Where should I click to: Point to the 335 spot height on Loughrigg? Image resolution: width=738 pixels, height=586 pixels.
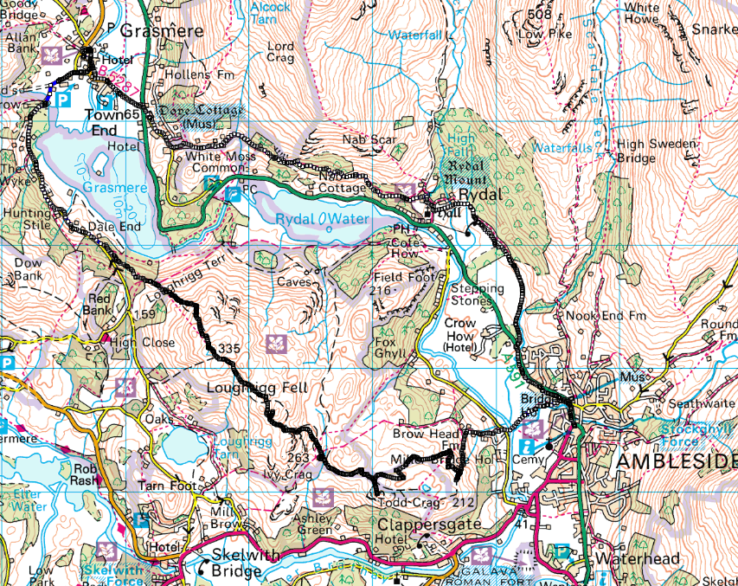pyautogui.click(x=229, y=348)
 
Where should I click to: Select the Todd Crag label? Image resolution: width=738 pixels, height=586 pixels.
pyautogui.click(x=407, y=501)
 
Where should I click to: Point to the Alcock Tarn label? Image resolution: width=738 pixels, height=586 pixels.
pyautogui.click(x=269, y=10)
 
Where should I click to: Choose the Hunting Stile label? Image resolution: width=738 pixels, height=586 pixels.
pyautogui.click(x=28, y=217)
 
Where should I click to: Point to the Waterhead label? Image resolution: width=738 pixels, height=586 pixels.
pyautogui.click(x=646, y=558)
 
